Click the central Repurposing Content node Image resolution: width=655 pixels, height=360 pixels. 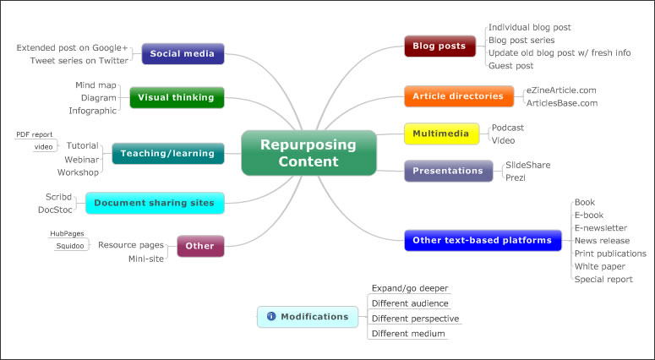308,153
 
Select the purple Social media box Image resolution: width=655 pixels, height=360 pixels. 183,54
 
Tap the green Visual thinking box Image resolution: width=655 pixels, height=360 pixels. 177,97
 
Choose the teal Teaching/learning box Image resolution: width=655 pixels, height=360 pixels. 168,153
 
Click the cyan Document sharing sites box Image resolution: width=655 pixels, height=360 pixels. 155,203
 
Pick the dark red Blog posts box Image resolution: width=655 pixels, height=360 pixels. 440,46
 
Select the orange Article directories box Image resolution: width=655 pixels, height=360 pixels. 458,96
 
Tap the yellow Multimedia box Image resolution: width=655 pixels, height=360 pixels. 436,134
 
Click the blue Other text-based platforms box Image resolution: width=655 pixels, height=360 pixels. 482,240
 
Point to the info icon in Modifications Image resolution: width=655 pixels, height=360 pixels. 270,317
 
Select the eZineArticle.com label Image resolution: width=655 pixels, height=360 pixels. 560,90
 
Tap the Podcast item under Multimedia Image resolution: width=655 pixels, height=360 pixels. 508,127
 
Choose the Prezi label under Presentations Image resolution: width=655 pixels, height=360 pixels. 516,177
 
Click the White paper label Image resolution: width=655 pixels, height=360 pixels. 600,266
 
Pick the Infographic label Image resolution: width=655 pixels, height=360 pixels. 93,110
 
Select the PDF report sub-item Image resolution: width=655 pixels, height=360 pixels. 34,134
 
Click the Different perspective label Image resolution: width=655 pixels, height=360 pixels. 415,319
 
